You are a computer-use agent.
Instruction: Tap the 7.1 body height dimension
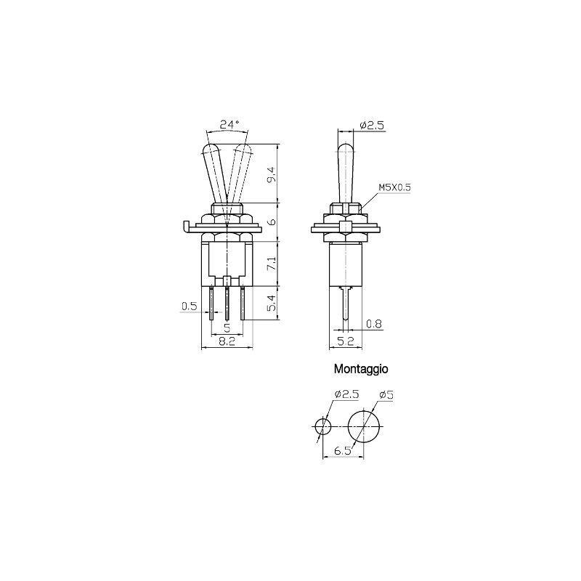tap(272, 263)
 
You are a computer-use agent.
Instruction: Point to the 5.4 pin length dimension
tap(272, 304)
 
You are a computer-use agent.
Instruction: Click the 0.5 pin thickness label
tap(189, 306)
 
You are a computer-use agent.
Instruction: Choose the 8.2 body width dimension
tap(227, 341)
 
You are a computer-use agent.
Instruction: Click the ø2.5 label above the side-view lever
tap(371, 126)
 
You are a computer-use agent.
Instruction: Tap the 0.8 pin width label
tap(374, 324)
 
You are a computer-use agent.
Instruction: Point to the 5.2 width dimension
tap(345, 341)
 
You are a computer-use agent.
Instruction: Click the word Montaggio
tap(361, 369)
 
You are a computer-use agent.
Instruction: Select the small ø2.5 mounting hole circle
tap(322, 425)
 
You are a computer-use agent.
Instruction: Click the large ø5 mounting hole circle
tap(365, 426)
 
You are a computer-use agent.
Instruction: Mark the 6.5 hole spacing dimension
tap(343, 451)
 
